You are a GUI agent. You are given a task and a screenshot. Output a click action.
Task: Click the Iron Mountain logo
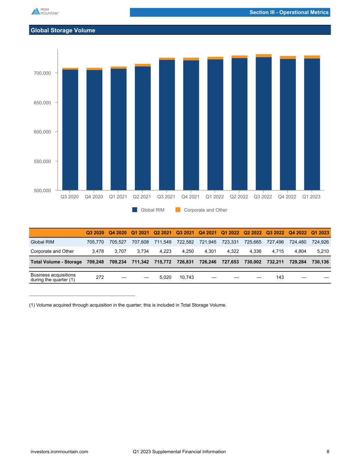(x=45, y=11)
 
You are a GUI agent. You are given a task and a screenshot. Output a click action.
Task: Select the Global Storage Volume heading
(x=63, y=30)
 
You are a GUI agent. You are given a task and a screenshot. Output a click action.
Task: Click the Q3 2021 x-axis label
(x=166, y=197)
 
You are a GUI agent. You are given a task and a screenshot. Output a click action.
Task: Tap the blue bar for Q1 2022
(x=215, y=125)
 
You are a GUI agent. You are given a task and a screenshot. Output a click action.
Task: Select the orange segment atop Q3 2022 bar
(x=263, y=56)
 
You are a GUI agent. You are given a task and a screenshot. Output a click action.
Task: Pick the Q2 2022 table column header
(x=253, y=233)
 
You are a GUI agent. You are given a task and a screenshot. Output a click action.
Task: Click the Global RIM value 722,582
(x=185, y=242)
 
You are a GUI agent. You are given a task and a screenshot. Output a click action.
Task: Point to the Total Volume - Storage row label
(x=56, y=262)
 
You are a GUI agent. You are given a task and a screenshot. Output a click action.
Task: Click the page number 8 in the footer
(x=328, y=452)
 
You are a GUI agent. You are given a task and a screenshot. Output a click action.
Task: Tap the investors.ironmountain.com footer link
(x=59, y=452)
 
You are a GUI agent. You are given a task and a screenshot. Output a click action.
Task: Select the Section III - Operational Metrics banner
(x=289, y=12)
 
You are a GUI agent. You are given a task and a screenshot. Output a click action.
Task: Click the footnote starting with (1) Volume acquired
(x=128, y=305)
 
